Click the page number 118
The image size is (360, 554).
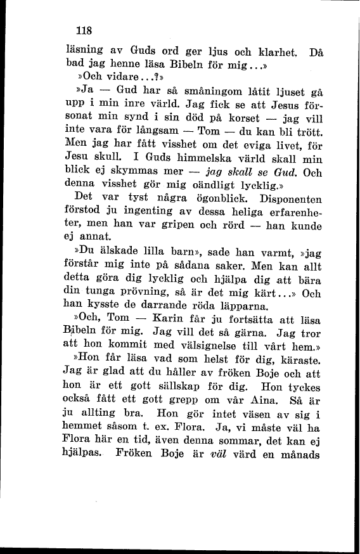(84, 30)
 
